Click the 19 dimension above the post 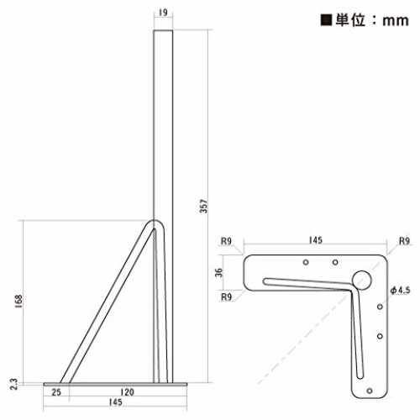tap(163, 13)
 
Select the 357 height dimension tap(204, 206)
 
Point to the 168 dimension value tap(18, 302)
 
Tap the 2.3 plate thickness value tap(13, 384)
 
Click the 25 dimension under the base tap(56, 392)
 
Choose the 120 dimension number tap(127, 392)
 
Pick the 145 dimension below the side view tap(115, 402)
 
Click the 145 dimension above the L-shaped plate tap(316, 240)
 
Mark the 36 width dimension tap(218, 272)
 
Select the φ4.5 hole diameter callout tap(401, 290)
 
